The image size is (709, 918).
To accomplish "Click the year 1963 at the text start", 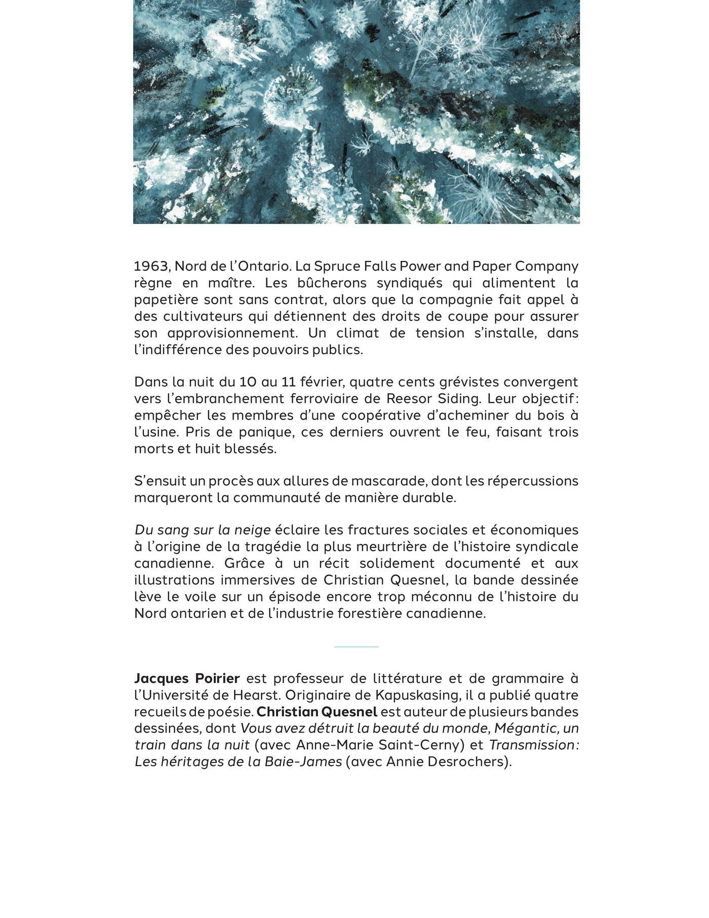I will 150,266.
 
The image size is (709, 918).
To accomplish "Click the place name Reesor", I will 408,399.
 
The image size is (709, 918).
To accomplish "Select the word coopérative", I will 381,415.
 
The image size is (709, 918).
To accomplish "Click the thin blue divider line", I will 356,647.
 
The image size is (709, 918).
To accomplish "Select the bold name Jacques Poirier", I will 187,678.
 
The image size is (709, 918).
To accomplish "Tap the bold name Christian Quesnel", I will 317,712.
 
